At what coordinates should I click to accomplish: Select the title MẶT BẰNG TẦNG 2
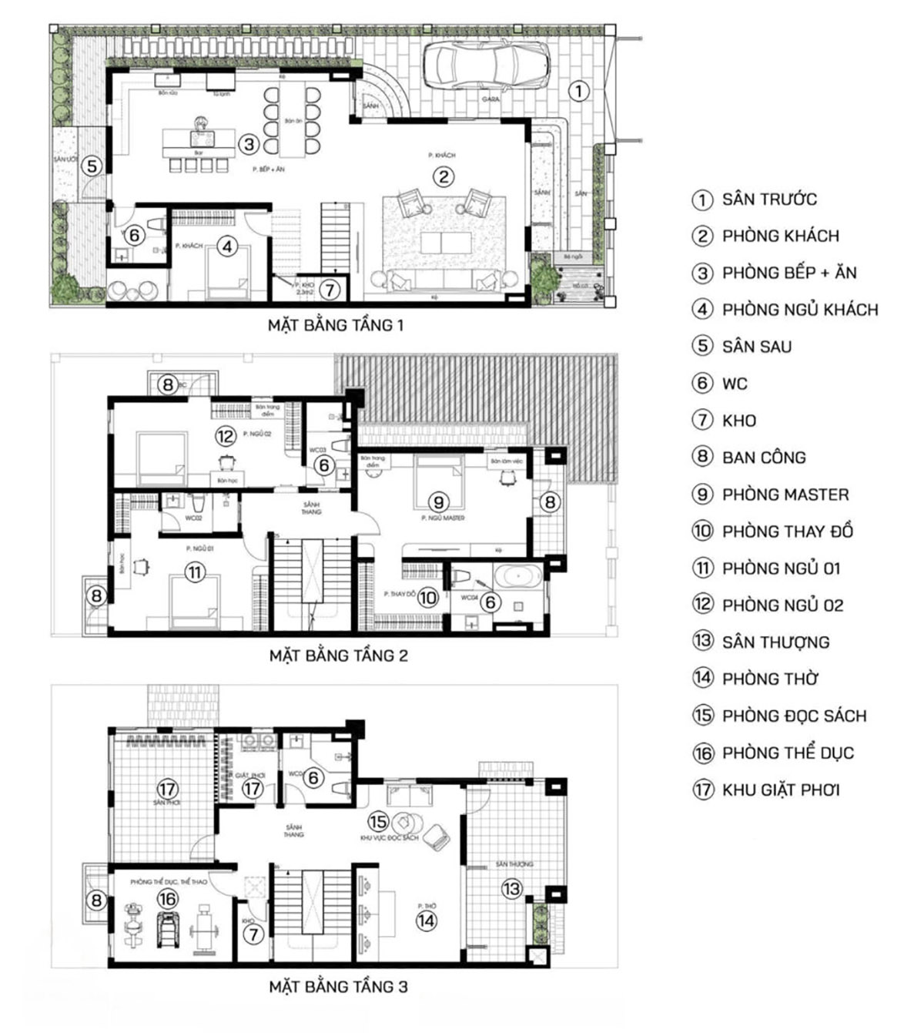[338, 656]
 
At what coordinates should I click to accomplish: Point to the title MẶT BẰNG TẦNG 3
[338, 986]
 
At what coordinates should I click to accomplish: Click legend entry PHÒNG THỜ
[769, 679]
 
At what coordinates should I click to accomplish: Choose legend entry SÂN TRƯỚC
[768, 200]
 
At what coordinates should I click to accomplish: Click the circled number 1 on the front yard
[579, 91]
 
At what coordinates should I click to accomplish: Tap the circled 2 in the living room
[443, 176]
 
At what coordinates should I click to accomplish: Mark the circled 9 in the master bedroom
[438, 502]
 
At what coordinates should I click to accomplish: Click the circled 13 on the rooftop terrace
[511, 889]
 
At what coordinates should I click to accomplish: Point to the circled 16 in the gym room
[167, 898]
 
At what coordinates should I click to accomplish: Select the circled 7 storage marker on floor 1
[329, 290]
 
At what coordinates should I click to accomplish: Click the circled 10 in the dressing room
[427, 597]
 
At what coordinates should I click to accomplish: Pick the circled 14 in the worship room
[426, 920]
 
